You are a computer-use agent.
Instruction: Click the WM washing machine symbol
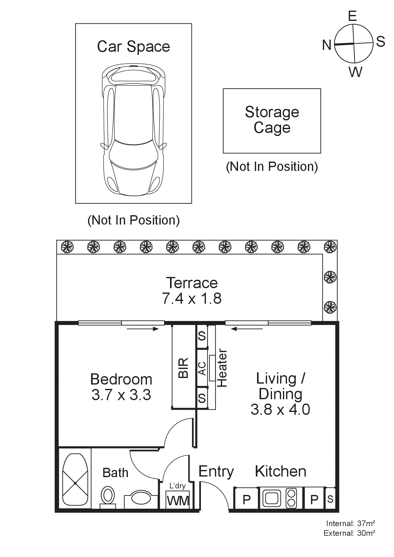178,501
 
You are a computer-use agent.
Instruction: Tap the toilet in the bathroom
108,496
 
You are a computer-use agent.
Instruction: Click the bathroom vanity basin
141,498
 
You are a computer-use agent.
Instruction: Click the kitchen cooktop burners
291,498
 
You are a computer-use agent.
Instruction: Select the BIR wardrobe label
183,368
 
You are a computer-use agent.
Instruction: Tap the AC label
202,368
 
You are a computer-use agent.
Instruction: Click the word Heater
222,368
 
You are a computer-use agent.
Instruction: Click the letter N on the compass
327,46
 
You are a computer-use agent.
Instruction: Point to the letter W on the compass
355,72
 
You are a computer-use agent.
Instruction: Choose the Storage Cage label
272,120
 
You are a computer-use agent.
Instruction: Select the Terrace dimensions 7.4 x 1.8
192,298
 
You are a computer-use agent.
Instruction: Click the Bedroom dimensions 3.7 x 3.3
121,395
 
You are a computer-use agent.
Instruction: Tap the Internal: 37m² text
350,523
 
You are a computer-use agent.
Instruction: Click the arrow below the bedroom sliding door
143,329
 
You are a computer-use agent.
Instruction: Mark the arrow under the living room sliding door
247,329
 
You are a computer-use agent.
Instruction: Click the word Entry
216,472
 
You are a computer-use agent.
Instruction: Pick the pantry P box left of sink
246,500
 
